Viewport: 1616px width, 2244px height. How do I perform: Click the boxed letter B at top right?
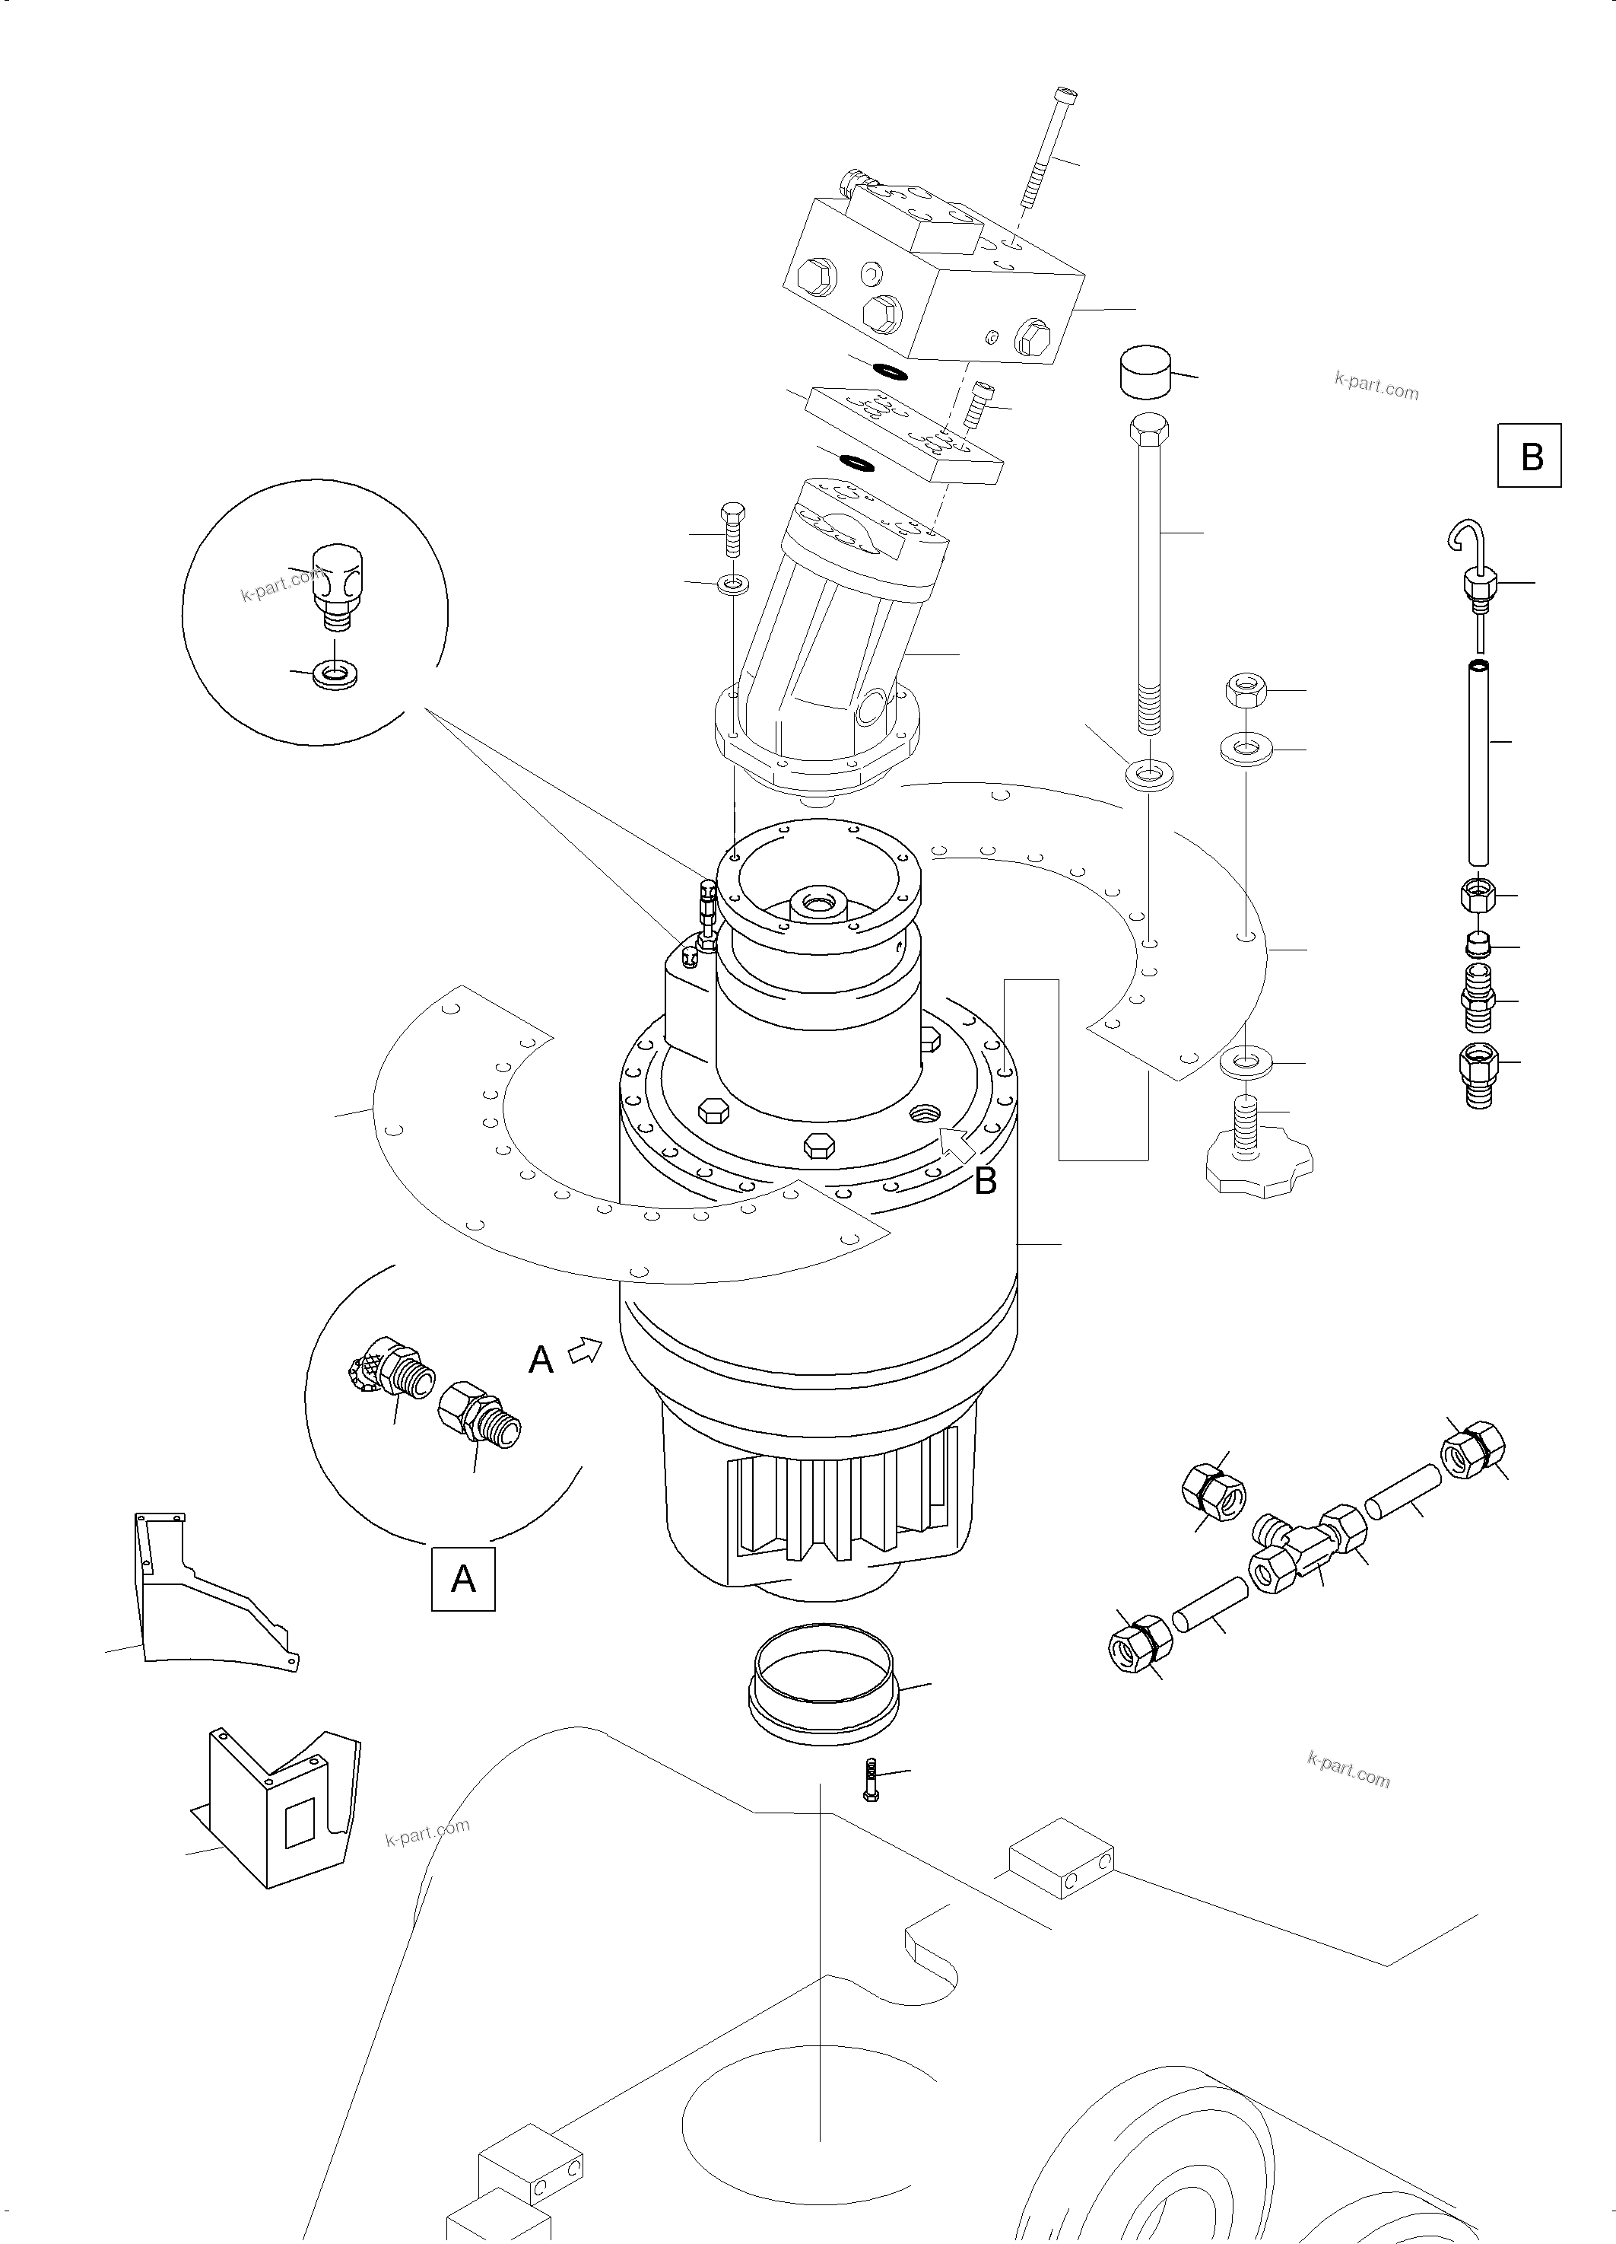[1529, 456]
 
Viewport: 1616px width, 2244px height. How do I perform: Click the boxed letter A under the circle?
[463, 1578]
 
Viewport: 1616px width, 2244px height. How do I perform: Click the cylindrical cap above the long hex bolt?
[1145, 371]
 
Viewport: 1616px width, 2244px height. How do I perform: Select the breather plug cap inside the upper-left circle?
[335, 582]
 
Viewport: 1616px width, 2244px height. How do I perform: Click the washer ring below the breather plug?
[335, 676]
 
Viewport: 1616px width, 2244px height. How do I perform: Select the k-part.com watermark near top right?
[1376, 385]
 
